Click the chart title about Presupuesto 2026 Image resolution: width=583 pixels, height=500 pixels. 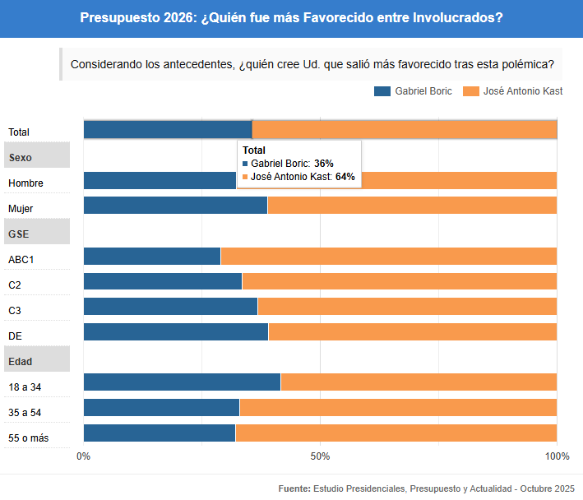(x=291, y=17)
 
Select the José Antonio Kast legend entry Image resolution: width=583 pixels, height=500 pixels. (x=513, y=91)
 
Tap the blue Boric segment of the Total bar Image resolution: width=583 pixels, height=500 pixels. (x=167, y=130)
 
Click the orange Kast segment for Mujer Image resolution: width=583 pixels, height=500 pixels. (x=412, y=206)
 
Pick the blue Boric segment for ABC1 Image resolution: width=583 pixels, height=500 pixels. (x=152, y=256)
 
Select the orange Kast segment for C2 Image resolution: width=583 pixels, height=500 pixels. (x=399, y=281)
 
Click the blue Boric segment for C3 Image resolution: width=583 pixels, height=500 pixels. (x=170, y=307)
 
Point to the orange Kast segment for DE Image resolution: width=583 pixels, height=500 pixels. (x=412, y=332)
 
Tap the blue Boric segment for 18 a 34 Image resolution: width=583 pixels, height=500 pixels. (x=182, y=382)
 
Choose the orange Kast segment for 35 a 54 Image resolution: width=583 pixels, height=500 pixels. (x=398, y=408)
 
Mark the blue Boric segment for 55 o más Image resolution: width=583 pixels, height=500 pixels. (x=160, y=433)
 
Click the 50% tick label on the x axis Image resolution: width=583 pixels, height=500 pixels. (x=320, y=456)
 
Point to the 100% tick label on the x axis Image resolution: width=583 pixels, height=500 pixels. (x=556, y=456)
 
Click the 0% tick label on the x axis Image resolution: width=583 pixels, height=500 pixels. (x=83, y=456)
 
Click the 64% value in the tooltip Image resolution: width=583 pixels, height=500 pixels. (x=345, y=176)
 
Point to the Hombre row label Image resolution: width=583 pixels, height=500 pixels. (x=25, y=183)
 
